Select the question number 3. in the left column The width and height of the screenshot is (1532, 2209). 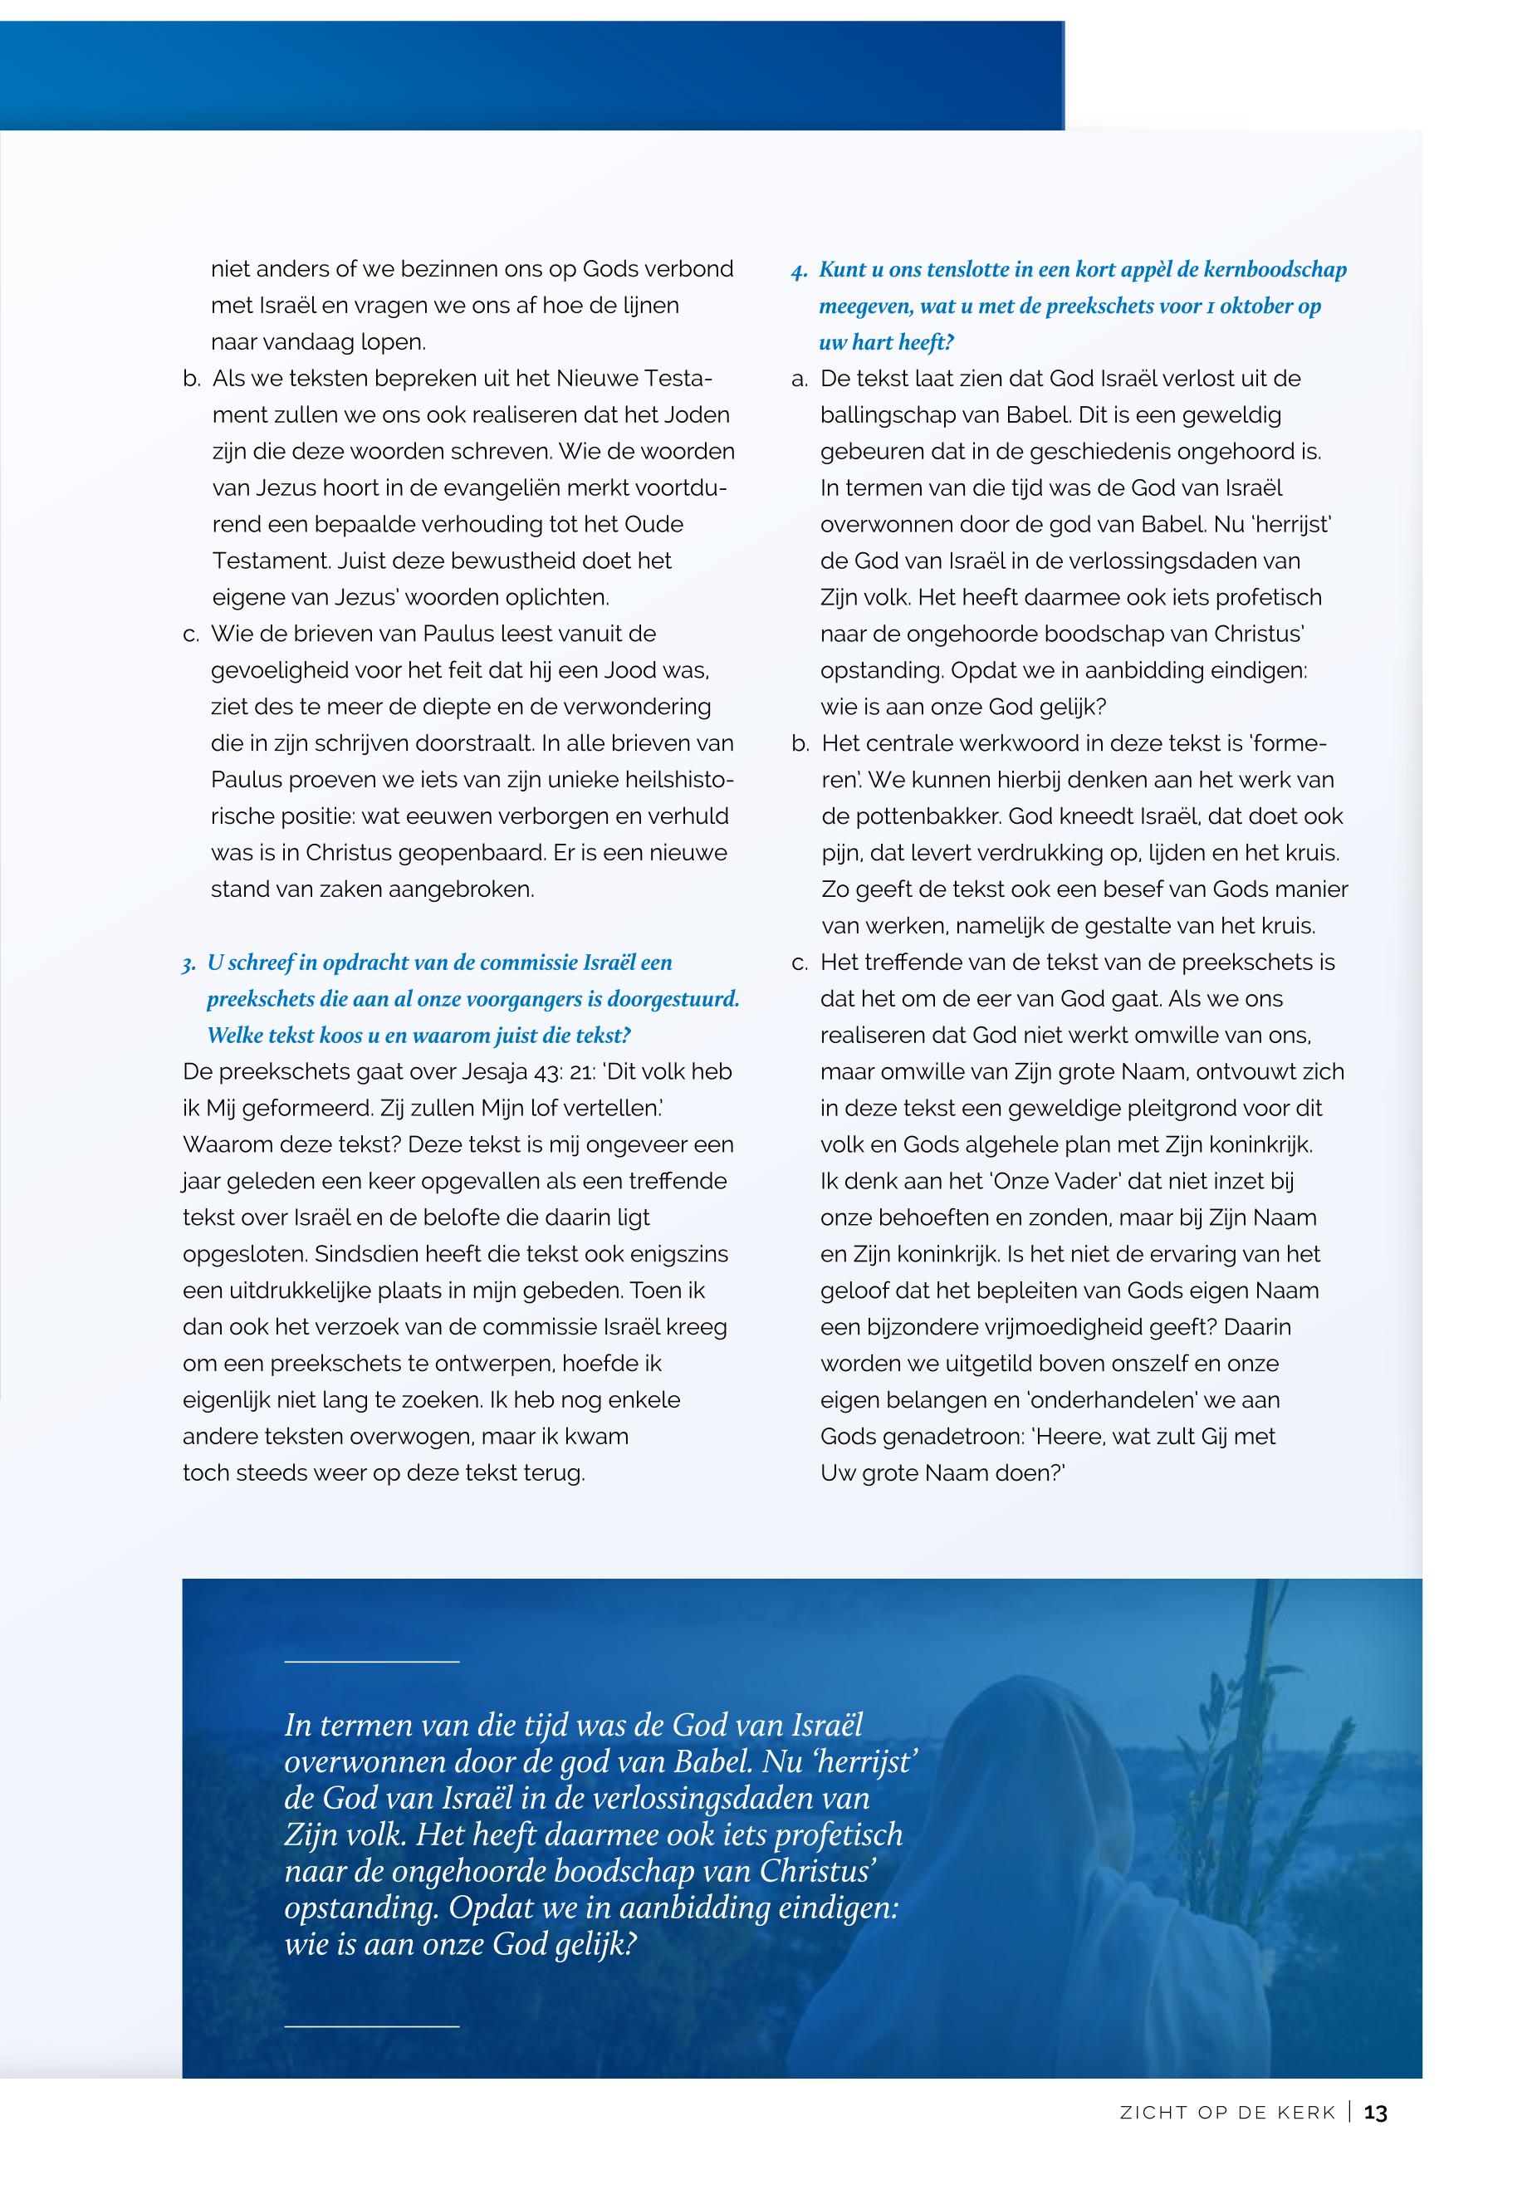pyautogui.click(x=189, y=964)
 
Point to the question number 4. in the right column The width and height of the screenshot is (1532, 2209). pyautogui.click(x=800, y=271)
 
